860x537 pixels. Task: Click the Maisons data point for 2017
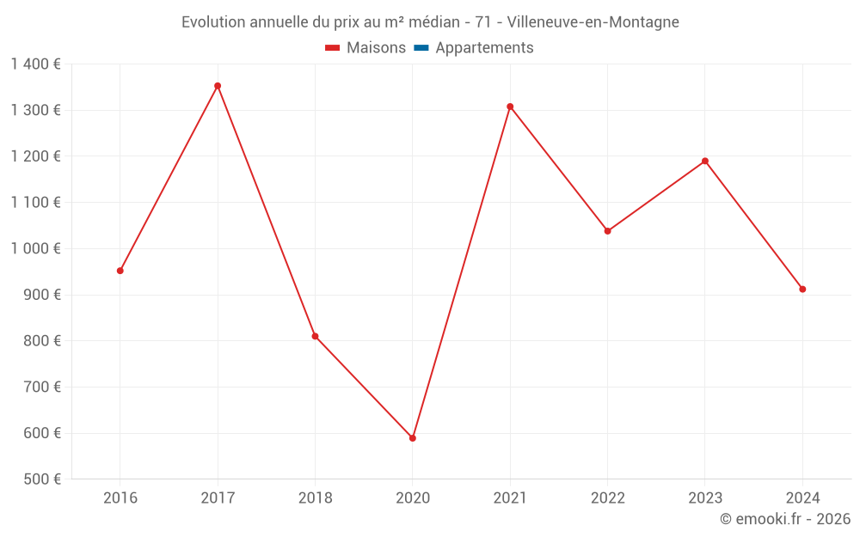coord(218,86)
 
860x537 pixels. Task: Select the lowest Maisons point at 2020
coord(413,438)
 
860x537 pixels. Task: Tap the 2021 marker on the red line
coord(510,107)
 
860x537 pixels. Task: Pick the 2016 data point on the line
coord(120,271)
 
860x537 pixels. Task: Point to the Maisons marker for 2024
coord(802,290)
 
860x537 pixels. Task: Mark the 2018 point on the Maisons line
coord(315,336)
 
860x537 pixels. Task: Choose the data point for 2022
coord(608,231)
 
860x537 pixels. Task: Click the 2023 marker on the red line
coord(705,162)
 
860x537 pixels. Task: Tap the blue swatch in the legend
coord(421,48)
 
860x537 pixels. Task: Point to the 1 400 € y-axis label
coord(35,64)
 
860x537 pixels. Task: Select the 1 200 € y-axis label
coord(35,156)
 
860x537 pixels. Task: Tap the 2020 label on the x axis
coord(413,497)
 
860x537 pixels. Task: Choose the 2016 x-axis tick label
coord(120,497)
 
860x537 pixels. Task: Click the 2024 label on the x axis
coord(802,497)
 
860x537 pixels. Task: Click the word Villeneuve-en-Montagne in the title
coord(593,22)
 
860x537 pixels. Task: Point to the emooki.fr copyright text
coord(785,519)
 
